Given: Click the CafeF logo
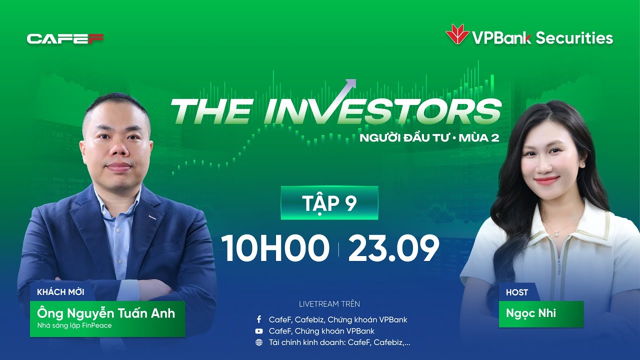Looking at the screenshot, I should click(65, 38).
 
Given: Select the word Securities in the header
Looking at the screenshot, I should click(574, 38).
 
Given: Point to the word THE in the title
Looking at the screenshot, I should click(210, 111).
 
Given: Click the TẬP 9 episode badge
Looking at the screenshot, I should click(329, 203).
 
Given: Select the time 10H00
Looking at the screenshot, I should click(275, 248).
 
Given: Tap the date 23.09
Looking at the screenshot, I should click(393, 248).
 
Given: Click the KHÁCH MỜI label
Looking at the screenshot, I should click(60, 292).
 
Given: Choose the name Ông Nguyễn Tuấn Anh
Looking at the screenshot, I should click(106, 313).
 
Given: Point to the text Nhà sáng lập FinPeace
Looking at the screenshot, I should click(74, 325).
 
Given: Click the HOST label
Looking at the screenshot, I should click(516, 292).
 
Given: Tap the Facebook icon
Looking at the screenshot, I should click(259, 319).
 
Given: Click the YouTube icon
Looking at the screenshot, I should click(259, 331).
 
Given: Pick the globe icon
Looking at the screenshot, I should click(259, 342).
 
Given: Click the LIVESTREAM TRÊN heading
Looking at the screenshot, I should click(329, 304).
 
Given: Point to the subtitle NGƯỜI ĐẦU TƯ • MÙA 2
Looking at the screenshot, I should click(429, 137).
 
